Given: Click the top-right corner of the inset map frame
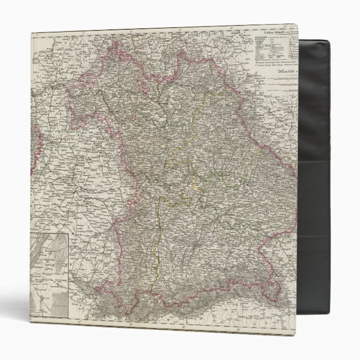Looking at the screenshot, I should coord(68,235).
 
